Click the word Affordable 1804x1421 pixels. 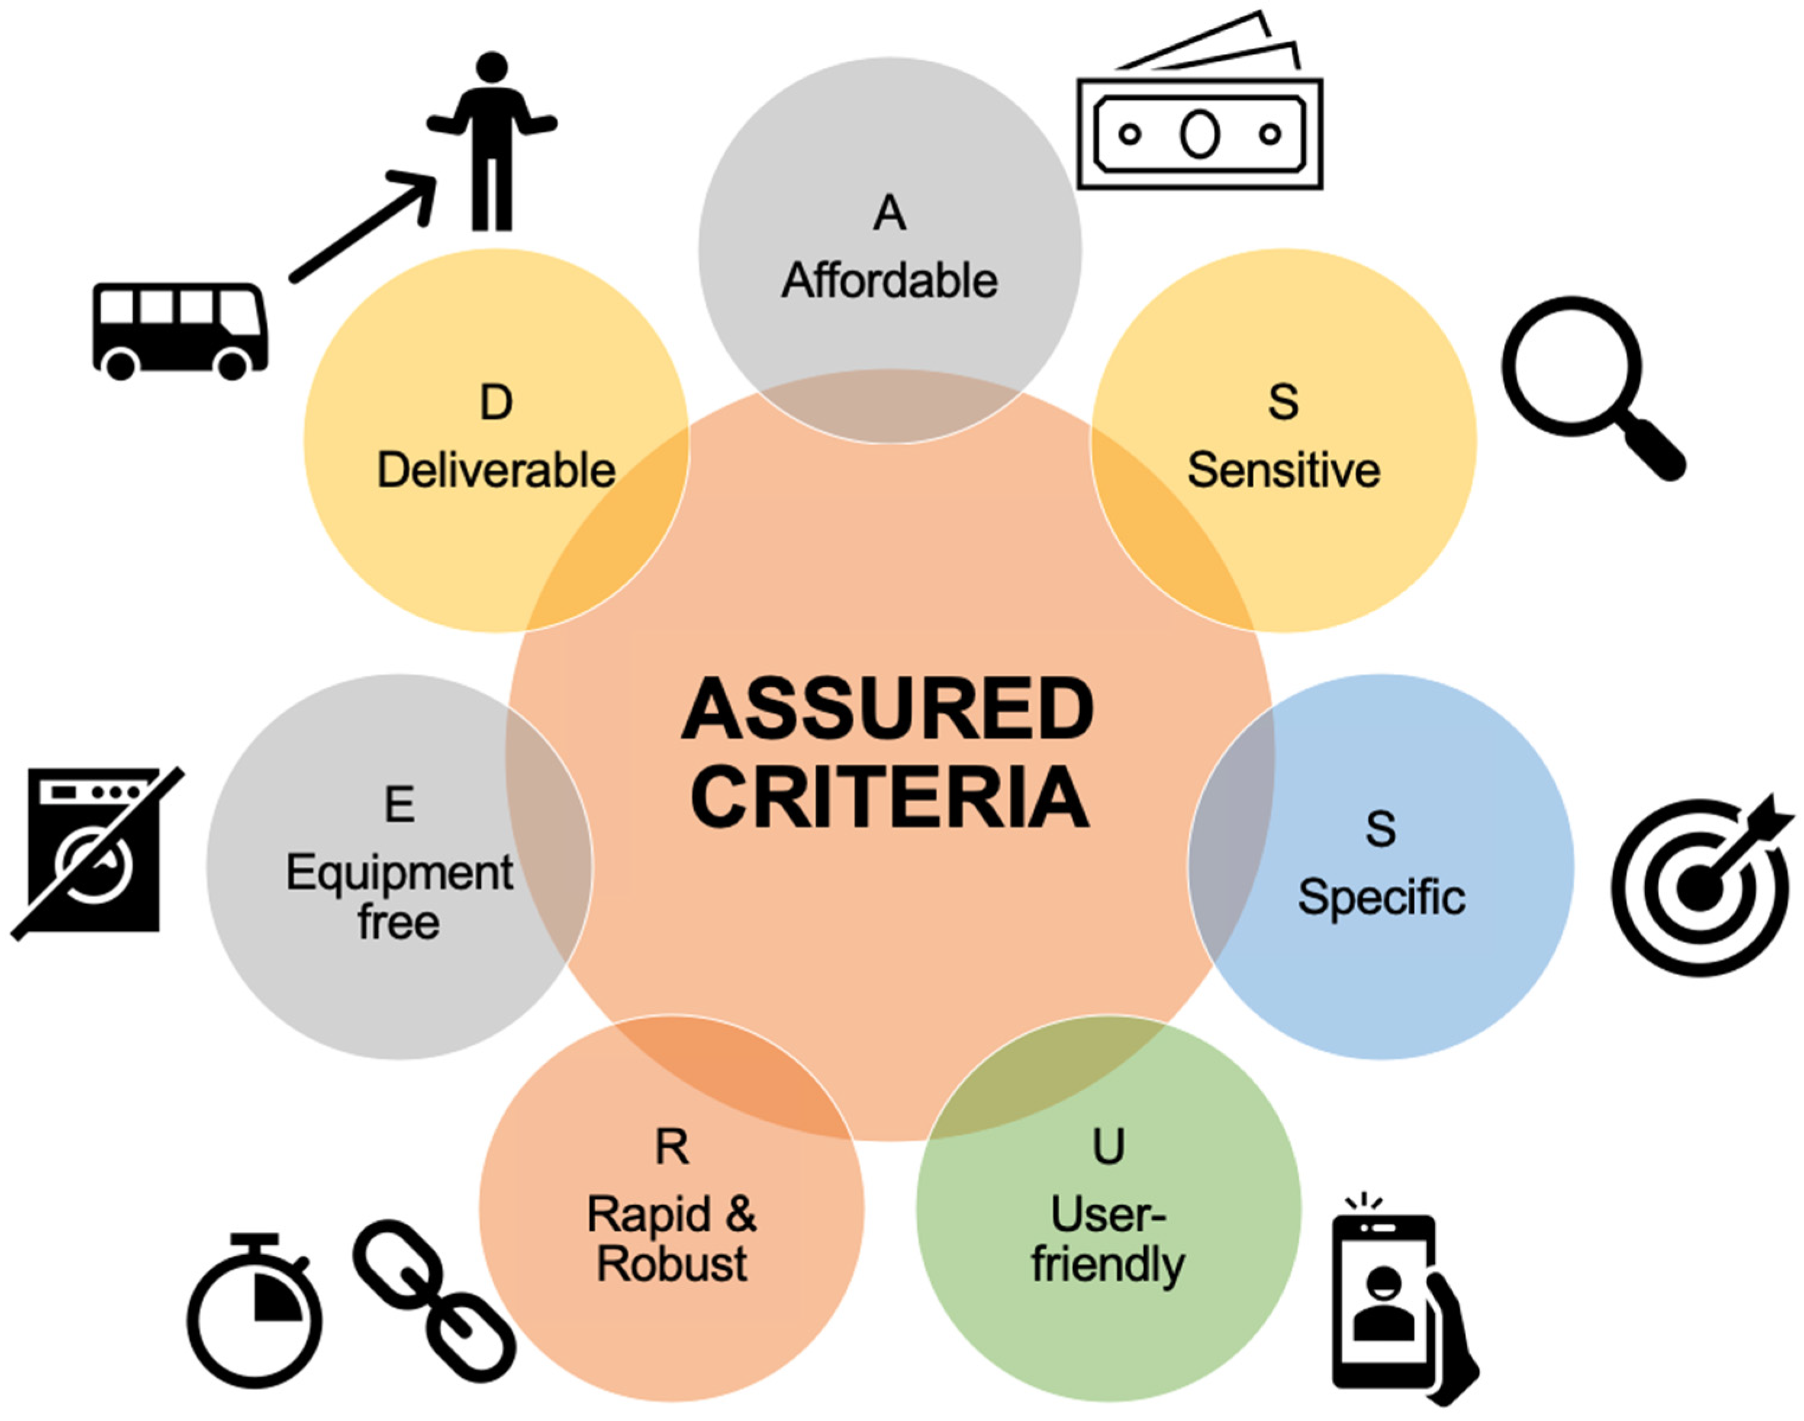point(889,281)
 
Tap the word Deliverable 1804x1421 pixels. point(496,471)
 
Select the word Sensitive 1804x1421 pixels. point(1283,471)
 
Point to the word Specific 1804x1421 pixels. point(1381,898)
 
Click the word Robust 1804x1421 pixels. point(671,1264)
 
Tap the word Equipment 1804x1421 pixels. point(400,873)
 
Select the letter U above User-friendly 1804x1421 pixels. point(1108,1146)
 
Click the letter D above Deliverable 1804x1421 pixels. point(496,403)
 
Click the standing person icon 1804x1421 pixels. point(492,142)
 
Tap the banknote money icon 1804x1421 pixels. point(1199,125)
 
